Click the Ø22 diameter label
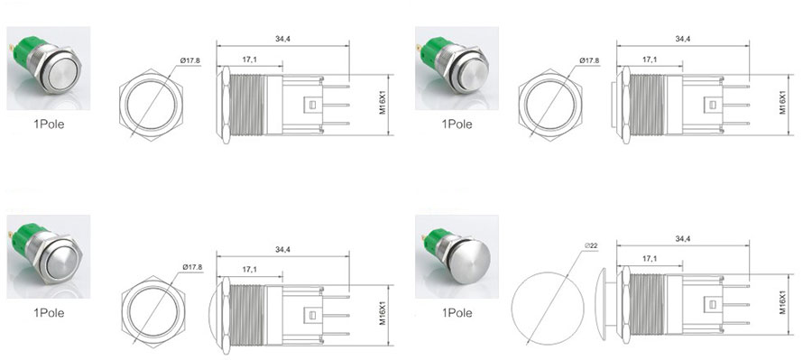tap(591, 245)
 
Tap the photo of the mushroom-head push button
tap(457, 256)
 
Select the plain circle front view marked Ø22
tap(548, 308)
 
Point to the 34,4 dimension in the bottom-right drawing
tap(683, 239)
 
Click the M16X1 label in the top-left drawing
tap(383, 104)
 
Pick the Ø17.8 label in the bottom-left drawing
tap(192, 267)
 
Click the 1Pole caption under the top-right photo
tap(457, 125)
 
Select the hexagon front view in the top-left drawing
tap(151, 105)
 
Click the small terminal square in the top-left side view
tap(312, 106)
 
